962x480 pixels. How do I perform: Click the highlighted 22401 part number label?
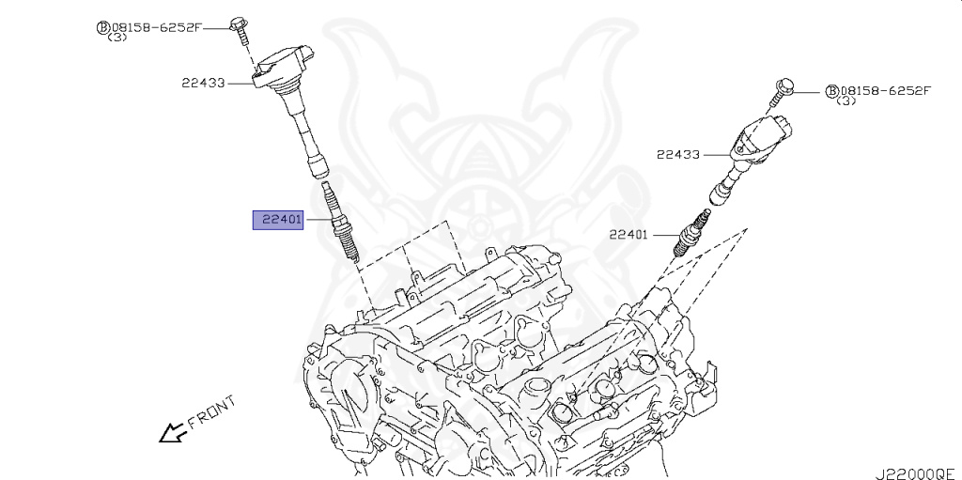pyautogui.click(x=277, y=220)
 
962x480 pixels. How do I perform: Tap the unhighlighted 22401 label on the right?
pyautogui.click(x=628, y=235)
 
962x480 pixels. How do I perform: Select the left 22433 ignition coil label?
pyautogui.click(x=203, y=83)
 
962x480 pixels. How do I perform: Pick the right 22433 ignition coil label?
pyautogui.click(x=678, y=154)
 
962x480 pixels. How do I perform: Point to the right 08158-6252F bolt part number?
pyautogui.click(x=885, y=91)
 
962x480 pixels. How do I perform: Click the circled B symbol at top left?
pyautogui.click(x=102, y=27)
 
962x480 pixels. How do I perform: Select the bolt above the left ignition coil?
pyautogui.click(x=240, y=28)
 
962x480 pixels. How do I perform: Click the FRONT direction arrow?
pyautogui.click(x=171, y=431)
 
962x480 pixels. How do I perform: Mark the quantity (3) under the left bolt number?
pyautogui.click(x=117, y=39)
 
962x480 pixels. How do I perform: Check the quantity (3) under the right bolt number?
pyautogui.click(x=846, y=101)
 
